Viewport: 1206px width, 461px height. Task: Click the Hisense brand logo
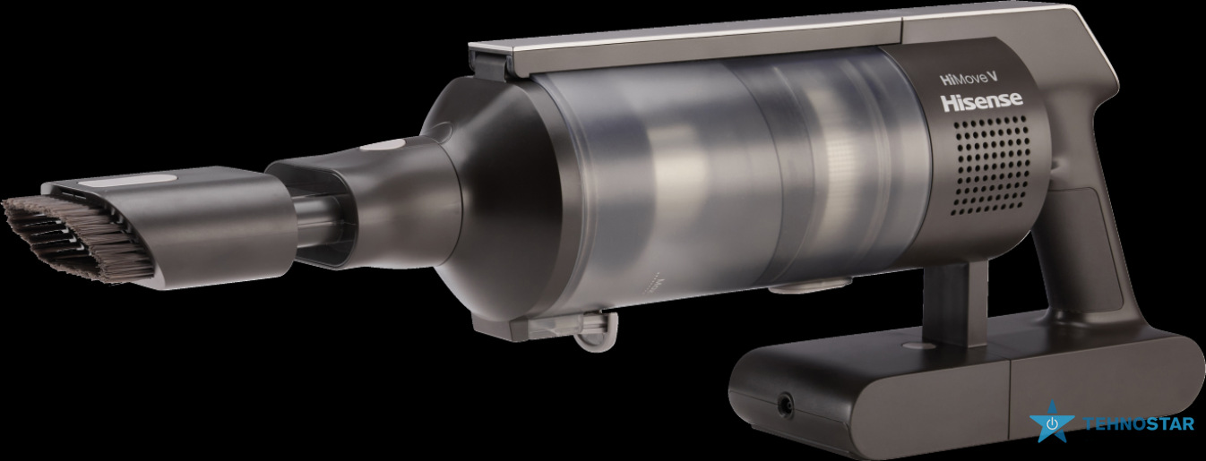981,100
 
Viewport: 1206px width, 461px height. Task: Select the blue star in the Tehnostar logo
1052,423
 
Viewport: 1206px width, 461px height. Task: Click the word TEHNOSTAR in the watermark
1139,424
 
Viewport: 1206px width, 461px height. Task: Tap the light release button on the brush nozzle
128,182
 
